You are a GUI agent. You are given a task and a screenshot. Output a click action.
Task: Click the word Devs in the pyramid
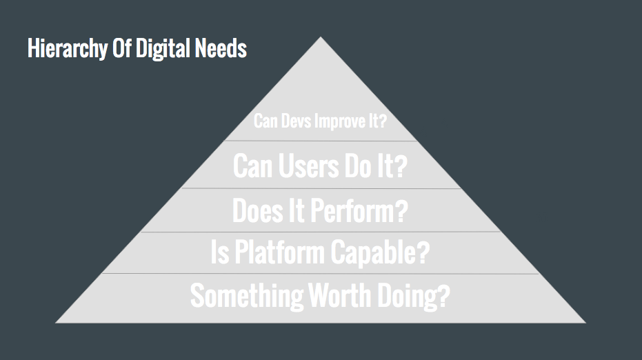point(294,122)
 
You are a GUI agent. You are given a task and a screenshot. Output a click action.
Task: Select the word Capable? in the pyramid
point(379,253)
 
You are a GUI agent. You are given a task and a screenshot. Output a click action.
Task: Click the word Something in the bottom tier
point(246,296)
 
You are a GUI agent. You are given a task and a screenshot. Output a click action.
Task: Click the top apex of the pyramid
point(321,37)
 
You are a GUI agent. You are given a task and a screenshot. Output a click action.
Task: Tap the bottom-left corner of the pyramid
point(57,322)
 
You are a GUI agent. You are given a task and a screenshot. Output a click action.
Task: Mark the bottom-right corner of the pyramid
point(585,322)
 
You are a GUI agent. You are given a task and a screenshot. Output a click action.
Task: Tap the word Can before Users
point(252,166)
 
